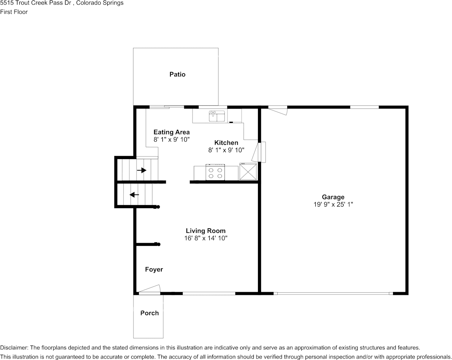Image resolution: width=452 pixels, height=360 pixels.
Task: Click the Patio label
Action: click(x=177, y=75)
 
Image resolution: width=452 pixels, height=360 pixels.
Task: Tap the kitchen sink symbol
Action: click(x=217, y=116)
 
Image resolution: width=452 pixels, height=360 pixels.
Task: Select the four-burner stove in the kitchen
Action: click(x=215, y=172)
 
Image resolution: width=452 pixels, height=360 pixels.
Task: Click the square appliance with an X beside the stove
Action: click(x=248, y=172)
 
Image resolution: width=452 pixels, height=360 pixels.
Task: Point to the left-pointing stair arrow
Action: click(x=134, y=195)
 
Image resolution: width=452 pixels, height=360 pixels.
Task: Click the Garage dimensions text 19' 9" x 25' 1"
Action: click(x=333, y=204)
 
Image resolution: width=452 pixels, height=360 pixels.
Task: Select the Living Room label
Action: click(x=205, y=231)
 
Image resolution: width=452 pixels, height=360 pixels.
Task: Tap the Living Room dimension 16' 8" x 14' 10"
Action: click(x=205, y=238)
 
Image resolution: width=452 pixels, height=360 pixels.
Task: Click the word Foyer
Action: click(x=154, y=269)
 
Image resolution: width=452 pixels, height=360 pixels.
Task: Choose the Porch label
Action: click(x=150, y=313)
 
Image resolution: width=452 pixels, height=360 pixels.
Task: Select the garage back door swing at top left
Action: click(x=278, y=111)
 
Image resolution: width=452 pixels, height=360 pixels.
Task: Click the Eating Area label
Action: click(x=171, y=132)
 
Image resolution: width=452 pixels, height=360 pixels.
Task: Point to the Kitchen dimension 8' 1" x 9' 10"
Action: click(x=226, y=150)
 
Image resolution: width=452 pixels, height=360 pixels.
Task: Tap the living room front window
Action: click(x=209, y=293)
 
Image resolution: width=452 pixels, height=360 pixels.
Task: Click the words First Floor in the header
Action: click(x=14, y=12)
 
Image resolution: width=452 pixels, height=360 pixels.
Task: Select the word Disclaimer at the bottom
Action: click(x=13, y=347)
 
